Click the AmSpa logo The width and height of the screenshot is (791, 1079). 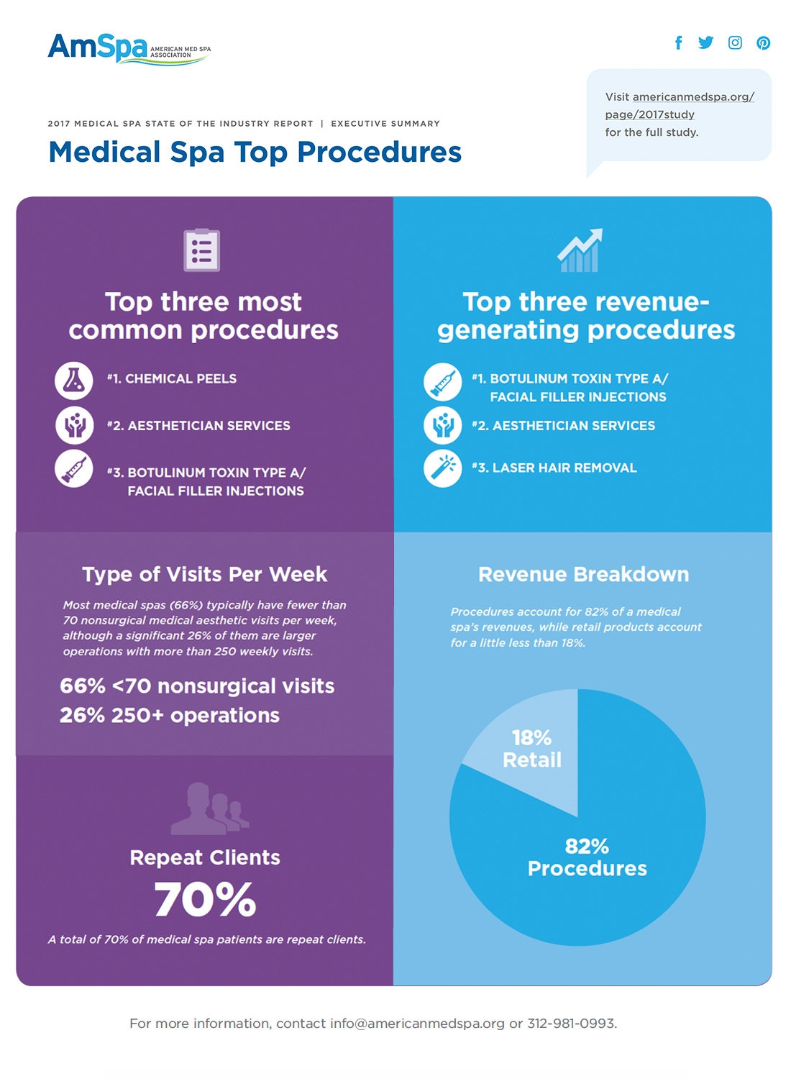tap(128, 49)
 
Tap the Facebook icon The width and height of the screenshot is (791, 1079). tap(678, 42)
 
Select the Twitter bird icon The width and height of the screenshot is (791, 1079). tap(705, 42)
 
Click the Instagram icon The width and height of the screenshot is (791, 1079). tap(735, 42)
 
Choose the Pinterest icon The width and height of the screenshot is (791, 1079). tap(763, 43)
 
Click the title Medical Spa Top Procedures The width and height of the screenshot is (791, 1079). tap(255, 152)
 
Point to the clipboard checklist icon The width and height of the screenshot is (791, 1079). tap(201, 250)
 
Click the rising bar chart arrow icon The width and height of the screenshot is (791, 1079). tap(580, 250)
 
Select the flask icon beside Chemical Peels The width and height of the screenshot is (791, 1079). tap(74, 381)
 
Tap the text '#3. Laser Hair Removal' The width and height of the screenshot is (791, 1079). tap(554, 468)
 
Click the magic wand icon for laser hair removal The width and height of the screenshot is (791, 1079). tap(442, 468)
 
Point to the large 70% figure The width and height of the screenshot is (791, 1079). tap(205, 899)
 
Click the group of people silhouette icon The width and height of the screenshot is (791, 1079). tap(209, 809)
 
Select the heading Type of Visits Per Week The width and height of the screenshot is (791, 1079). tap(204, 574)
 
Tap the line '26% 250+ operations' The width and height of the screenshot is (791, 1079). tap(170, 716)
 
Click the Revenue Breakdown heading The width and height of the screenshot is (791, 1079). tap(583, 574)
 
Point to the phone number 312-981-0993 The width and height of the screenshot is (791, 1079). tap(571, 1024)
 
